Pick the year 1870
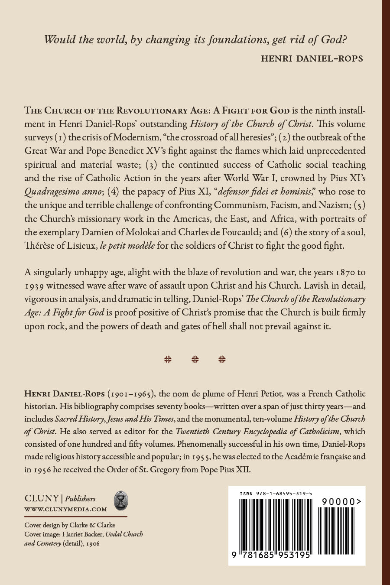coord(346,272)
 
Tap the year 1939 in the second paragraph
coord(35,286)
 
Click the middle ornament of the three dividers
coord(195,359)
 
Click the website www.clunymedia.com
coord(65,510)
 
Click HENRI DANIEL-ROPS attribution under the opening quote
coord(312,58)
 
